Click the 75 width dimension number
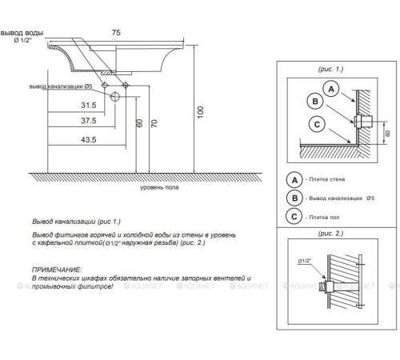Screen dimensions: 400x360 [116, 33]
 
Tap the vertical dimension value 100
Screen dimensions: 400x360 [201, 112]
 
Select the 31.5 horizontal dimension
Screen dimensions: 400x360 [89, 105]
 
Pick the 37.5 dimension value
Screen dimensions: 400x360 [89, 121]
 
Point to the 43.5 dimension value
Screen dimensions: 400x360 [89, 139]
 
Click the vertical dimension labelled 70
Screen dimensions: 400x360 [154, 123]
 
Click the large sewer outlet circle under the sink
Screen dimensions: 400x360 [115, 96]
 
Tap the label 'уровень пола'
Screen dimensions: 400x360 [159, 187]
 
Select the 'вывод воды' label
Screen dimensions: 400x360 [22, 33]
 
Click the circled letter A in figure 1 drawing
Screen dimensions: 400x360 [331, 89]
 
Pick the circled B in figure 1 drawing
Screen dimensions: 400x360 [315, 102]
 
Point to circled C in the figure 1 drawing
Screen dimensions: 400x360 [317, 124]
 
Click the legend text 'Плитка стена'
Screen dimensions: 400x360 [326, 179]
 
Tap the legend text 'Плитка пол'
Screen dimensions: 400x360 [324, 218]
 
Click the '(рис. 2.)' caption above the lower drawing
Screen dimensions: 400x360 [330, 234]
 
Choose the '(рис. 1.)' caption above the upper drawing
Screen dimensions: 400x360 [330, 69]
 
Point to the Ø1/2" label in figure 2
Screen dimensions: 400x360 [305, 261]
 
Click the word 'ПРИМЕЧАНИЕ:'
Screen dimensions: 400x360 [57, 270]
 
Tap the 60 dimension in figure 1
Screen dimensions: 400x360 [388, 133]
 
